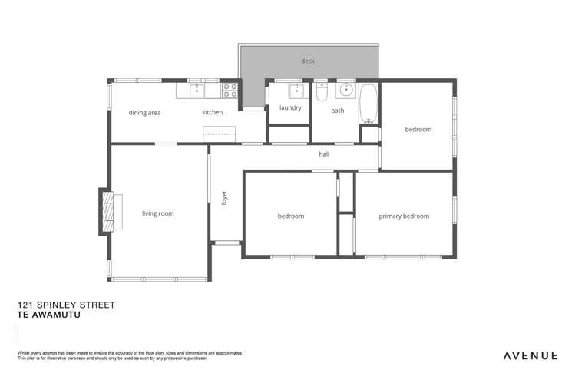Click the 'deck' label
click(307, 61)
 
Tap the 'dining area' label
click(144, 113)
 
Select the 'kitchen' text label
click(213, 113)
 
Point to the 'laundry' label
click(290, 108)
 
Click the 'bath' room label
click(338, 111)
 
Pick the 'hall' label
click(325, 154)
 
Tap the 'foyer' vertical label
click(224, 198)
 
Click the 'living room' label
click(157, 213)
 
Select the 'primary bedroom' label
click(404, 216)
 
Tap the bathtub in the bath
click(369, 104)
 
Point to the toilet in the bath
click(322, 93)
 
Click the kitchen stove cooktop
click(230, 91)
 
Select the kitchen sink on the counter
click(197, 91)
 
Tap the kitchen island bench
click(218, 135)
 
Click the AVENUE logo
click(530, 355)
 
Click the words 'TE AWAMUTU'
click(48, 314)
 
